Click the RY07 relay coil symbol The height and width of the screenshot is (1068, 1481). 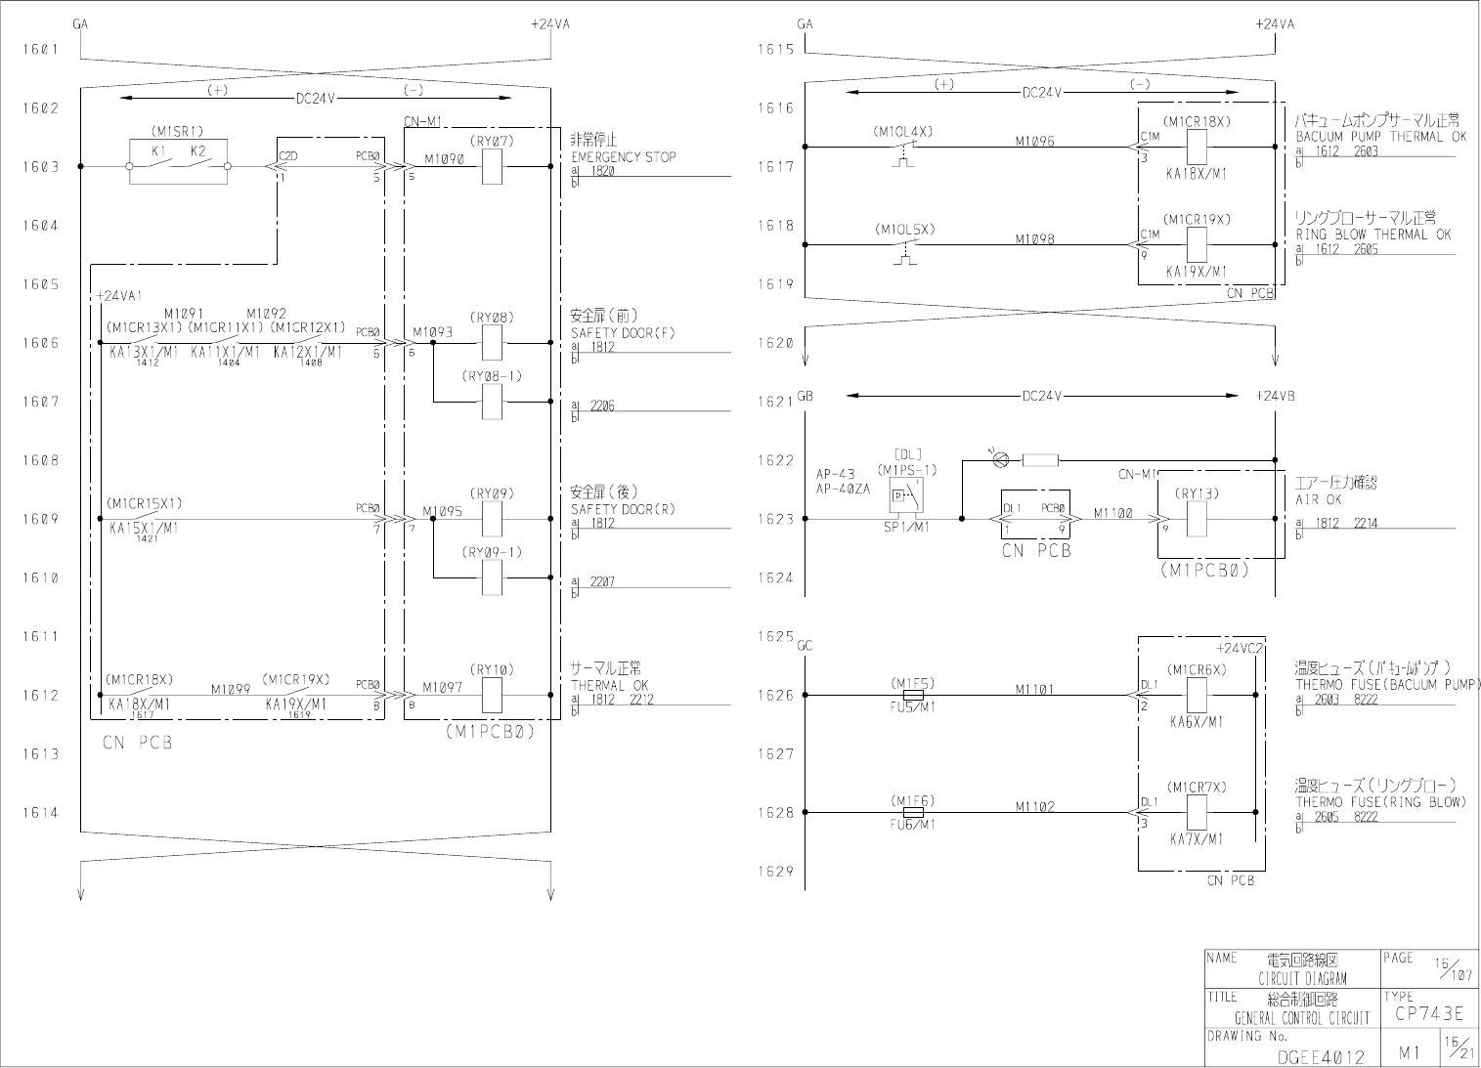coord(493,166)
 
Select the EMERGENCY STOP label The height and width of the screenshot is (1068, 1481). coord(623,156)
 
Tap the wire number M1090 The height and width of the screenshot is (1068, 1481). coord(444,158)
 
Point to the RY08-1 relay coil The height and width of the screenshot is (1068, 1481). coord(493,402)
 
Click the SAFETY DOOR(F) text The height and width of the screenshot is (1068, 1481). coord(622,333)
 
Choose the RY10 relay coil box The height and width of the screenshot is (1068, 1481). coord(493,695)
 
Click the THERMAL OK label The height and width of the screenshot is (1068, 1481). coord(609,686)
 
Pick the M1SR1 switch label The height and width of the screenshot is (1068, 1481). coord(177,131)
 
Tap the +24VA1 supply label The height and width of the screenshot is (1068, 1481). coord(119,296)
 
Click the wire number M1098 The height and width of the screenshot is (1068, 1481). coord(1034,239)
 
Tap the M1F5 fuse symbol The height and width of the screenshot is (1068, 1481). coord(913,695)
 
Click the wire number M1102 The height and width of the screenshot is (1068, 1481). coord(1034,806)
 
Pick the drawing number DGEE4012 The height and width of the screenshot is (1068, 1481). coord(1321,1055)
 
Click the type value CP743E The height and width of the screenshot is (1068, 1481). coord(1429,1014)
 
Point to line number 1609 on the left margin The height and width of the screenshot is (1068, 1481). coord(41,519)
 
